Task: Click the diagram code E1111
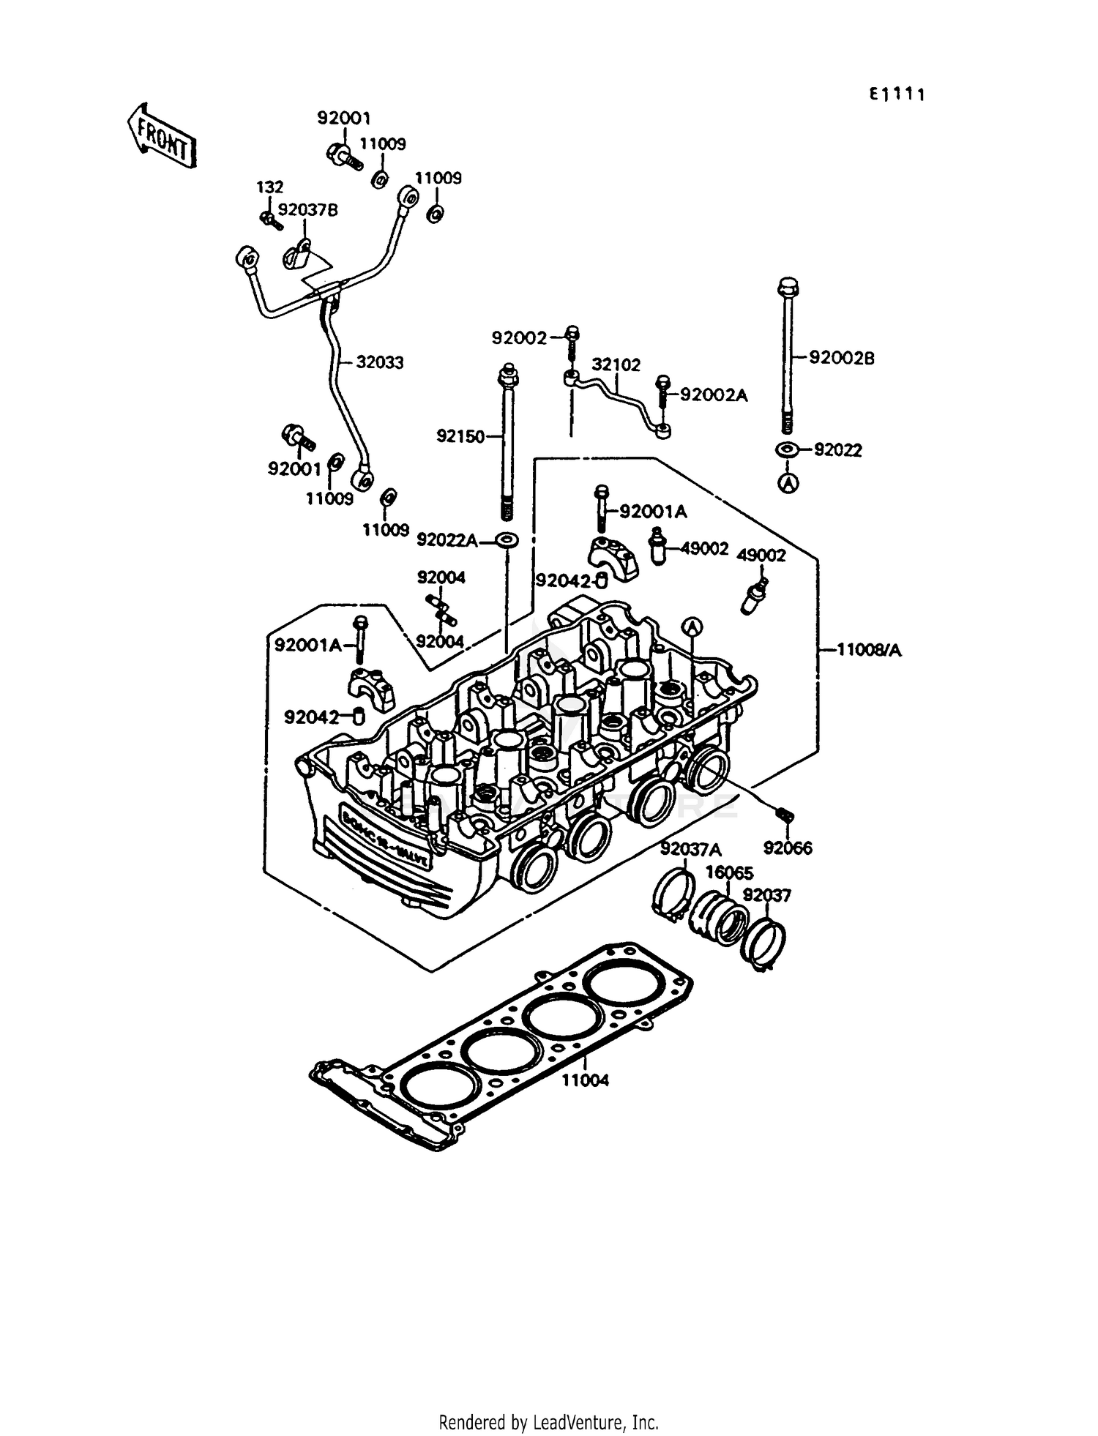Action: (897, 94)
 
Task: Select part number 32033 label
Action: (379, 362)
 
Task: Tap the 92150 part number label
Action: (460, 436)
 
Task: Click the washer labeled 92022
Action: (788, 449)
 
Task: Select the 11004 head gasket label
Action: (585, 1080)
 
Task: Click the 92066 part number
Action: (788, 848)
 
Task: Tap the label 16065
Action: (729, 872)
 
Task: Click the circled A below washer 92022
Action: (788, 483)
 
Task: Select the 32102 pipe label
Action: (616, 364)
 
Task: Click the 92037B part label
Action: (308, 210)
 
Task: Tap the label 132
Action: (269, 187)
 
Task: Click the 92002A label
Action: (714, 395)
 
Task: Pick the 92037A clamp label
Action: (690, 850)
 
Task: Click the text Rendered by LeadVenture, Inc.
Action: (548, 1422)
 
